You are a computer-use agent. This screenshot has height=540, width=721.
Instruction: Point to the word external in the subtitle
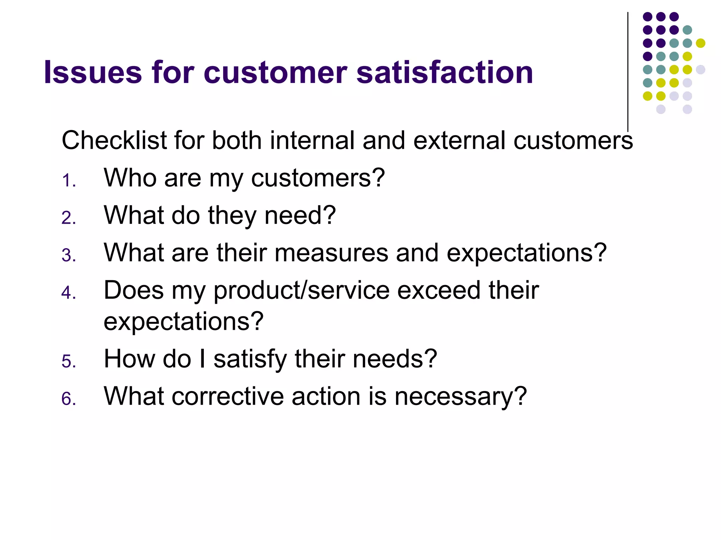(459, 140)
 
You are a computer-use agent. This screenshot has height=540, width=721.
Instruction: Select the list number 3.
(68, 255)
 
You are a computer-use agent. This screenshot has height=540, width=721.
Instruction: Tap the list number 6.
(68, 399)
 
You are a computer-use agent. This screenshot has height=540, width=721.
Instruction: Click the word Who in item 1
(130, 178)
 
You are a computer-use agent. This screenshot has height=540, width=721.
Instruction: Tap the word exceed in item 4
(439, 290)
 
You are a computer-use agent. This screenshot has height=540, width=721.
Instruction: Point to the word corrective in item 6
(227, 396)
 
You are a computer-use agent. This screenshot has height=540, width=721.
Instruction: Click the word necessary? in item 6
(460, 396)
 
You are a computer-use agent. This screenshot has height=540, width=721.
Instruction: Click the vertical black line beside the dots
(628, 70)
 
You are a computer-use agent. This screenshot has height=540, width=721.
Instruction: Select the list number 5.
(68, 361)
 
